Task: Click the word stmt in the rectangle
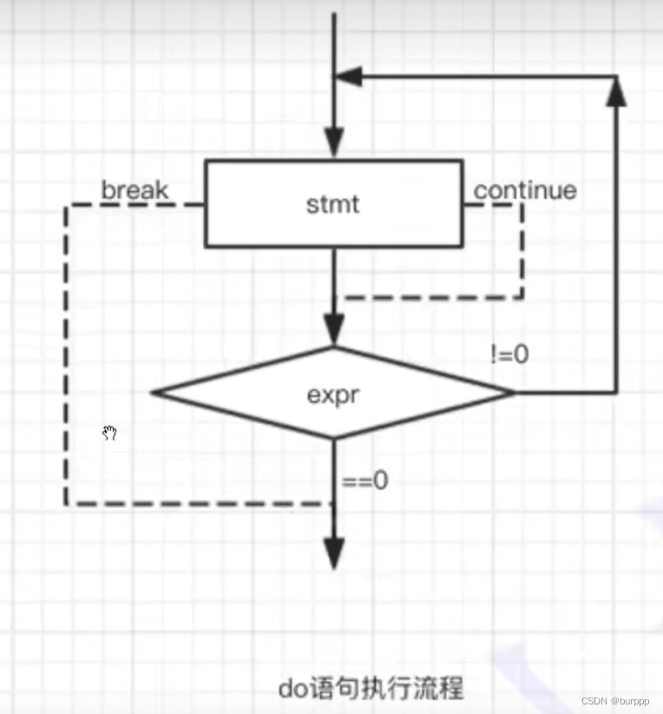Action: point(332,205)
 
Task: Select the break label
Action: point(135,189)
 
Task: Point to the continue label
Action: point(525,189)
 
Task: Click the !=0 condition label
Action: point(508,354)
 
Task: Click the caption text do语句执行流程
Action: point(371,689)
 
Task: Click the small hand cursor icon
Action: point(110,433)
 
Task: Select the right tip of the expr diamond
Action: point(514,393)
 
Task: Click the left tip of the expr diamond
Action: point(152,393)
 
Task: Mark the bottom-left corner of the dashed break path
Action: point(66,504)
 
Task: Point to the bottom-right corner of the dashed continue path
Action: point(522,298)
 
